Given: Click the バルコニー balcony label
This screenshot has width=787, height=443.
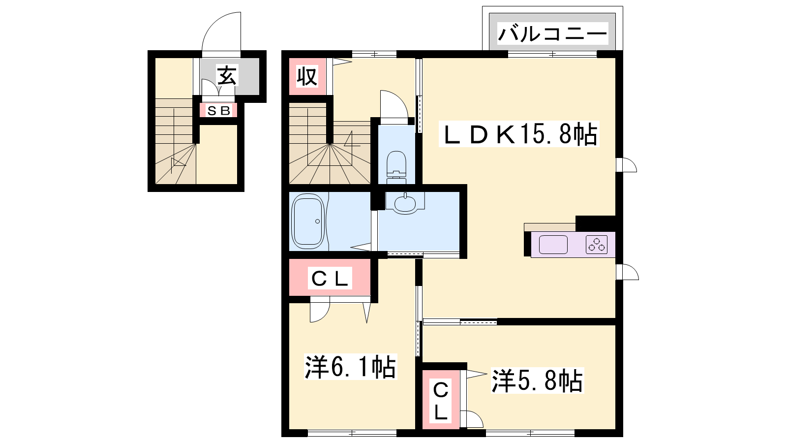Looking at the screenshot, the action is pyautogui.click(x=553, y=34).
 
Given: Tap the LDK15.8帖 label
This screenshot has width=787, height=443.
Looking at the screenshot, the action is pyautogui.click(x=519, y=134).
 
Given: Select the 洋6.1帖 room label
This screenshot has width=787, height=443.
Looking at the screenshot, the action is pyautogui.click(x=350, y=366).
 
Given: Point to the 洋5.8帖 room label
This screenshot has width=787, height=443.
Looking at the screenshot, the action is pyautogui.click(x=537, y=380).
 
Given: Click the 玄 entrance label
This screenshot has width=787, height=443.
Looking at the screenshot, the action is pyautogui.click(x=227, y=75).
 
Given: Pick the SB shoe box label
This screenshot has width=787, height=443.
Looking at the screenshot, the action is pyautogui.click(x=218, y=111).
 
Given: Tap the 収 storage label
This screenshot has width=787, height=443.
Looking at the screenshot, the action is pyautogui.click(x=307, y=76).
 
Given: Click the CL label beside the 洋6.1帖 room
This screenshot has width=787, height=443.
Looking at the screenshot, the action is pyautogui.click(x=330, y=279).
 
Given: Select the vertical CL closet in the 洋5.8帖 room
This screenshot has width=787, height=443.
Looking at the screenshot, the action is pyautogui.click(x=441, y=401).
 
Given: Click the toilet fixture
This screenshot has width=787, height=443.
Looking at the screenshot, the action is pyautogui.click(x=396, y=167).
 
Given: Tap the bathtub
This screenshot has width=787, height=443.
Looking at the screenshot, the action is pyautogui.click(x=308, y=222).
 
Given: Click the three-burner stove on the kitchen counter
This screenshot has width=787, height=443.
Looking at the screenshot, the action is pyautogui.click(x=597, y=244).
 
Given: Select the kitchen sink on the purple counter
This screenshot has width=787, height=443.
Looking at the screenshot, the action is pyautogui.click(x=553, y=244).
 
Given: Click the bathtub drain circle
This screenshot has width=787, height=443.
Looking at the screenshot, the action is pyautogui.click(x=318, y=221).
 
